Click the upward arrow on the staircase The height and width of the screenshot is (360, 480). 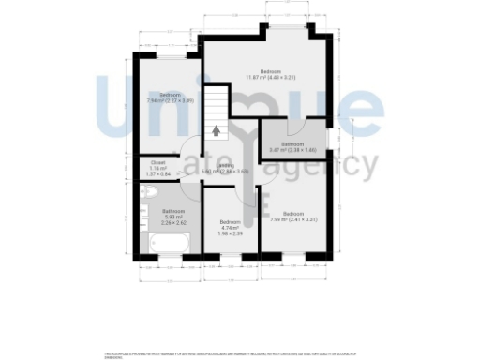[217, 130]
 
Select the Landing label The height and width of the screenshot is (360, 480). [227, 169]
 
